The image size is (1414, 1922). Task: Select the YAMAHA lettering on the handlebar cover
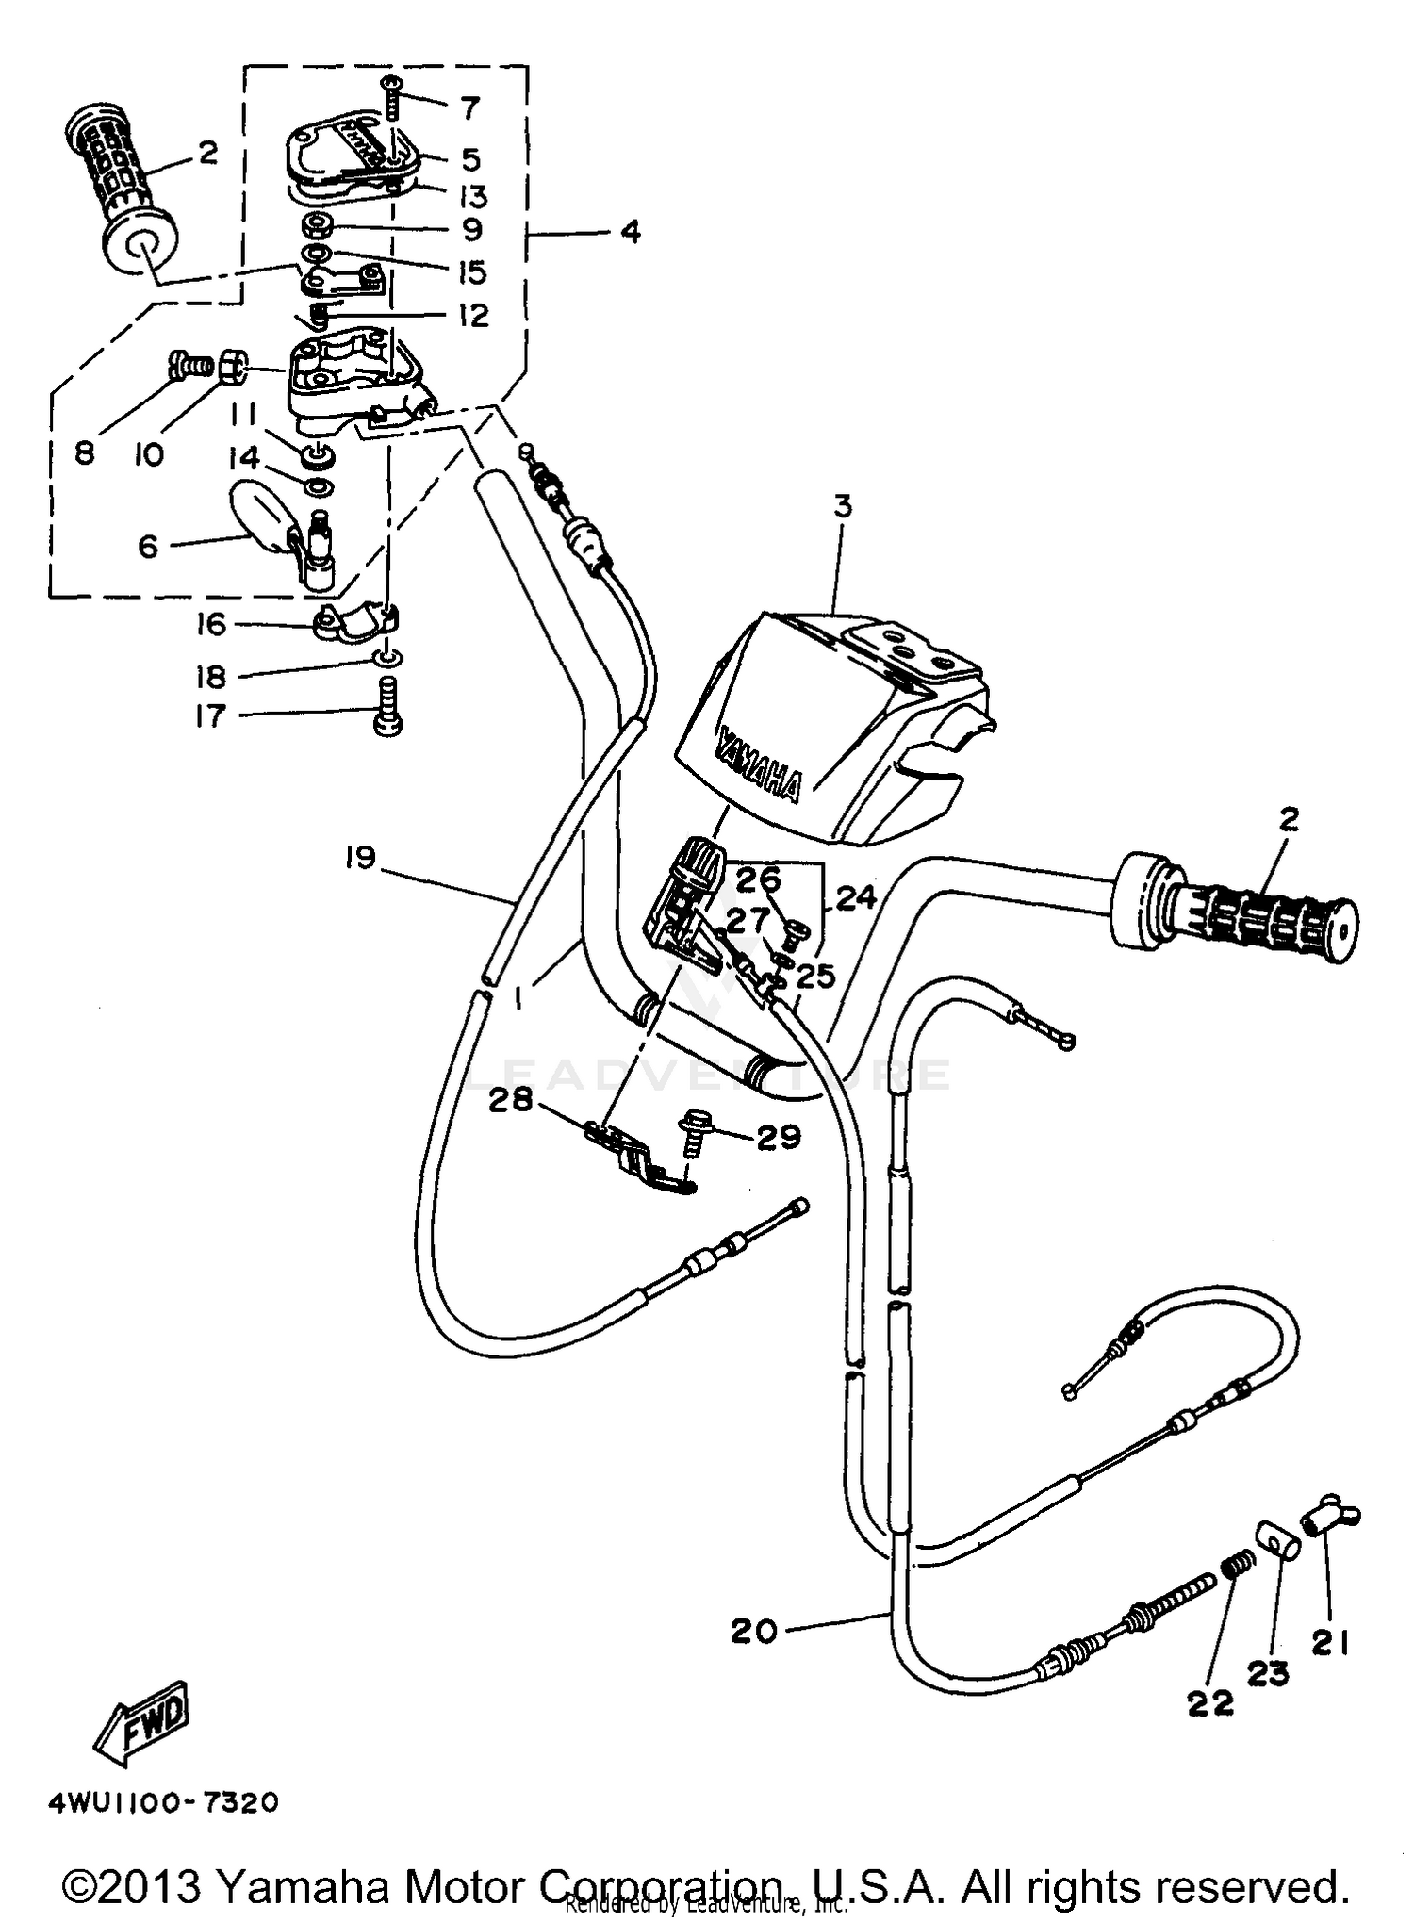759,763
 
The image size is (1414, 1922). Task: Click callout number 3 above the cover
843,506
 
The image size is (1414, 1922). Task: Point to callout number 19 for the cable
361,858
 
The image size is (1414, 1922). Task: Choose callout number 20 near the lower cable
753,1630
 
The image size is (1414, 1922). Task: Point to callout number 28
510,1100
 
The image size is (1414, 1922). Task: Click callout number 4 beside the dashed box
631,231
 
